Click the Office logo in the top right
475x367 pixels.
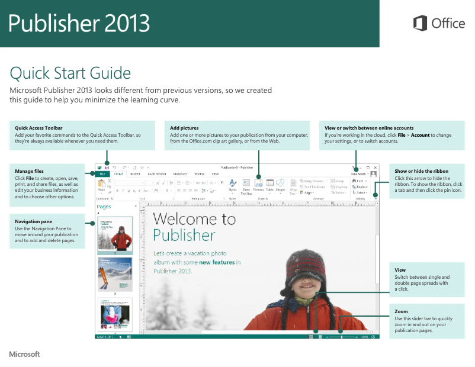point(439,24)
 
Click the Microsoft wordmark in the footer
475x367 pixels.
point(24,354)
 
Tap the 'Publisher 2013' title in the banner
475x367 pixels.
point(79,23)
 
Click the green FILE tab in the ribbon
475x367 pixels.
point(102,175)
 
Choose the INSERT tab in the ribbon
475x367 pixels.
point(136,175)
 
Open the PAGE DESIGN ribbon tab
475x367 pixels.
point(157,175)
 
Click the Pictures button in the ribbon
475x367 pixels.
point(259,185)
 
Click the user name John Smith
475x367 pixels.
point(359,175)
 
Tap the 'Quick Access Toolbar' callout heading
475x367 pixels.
point(38,128)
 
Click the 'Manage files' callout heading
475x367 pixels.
point(29,171)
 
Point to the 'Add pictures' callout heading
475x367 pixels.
point(184,128)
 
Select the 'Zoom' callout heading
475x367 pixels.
point(401,311)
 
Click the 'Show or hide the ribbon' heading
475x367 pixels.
point(421,171)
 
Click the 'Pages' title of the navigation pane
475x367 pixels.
point(104,207)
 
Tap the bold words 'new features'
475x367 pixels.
point(220,262)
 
